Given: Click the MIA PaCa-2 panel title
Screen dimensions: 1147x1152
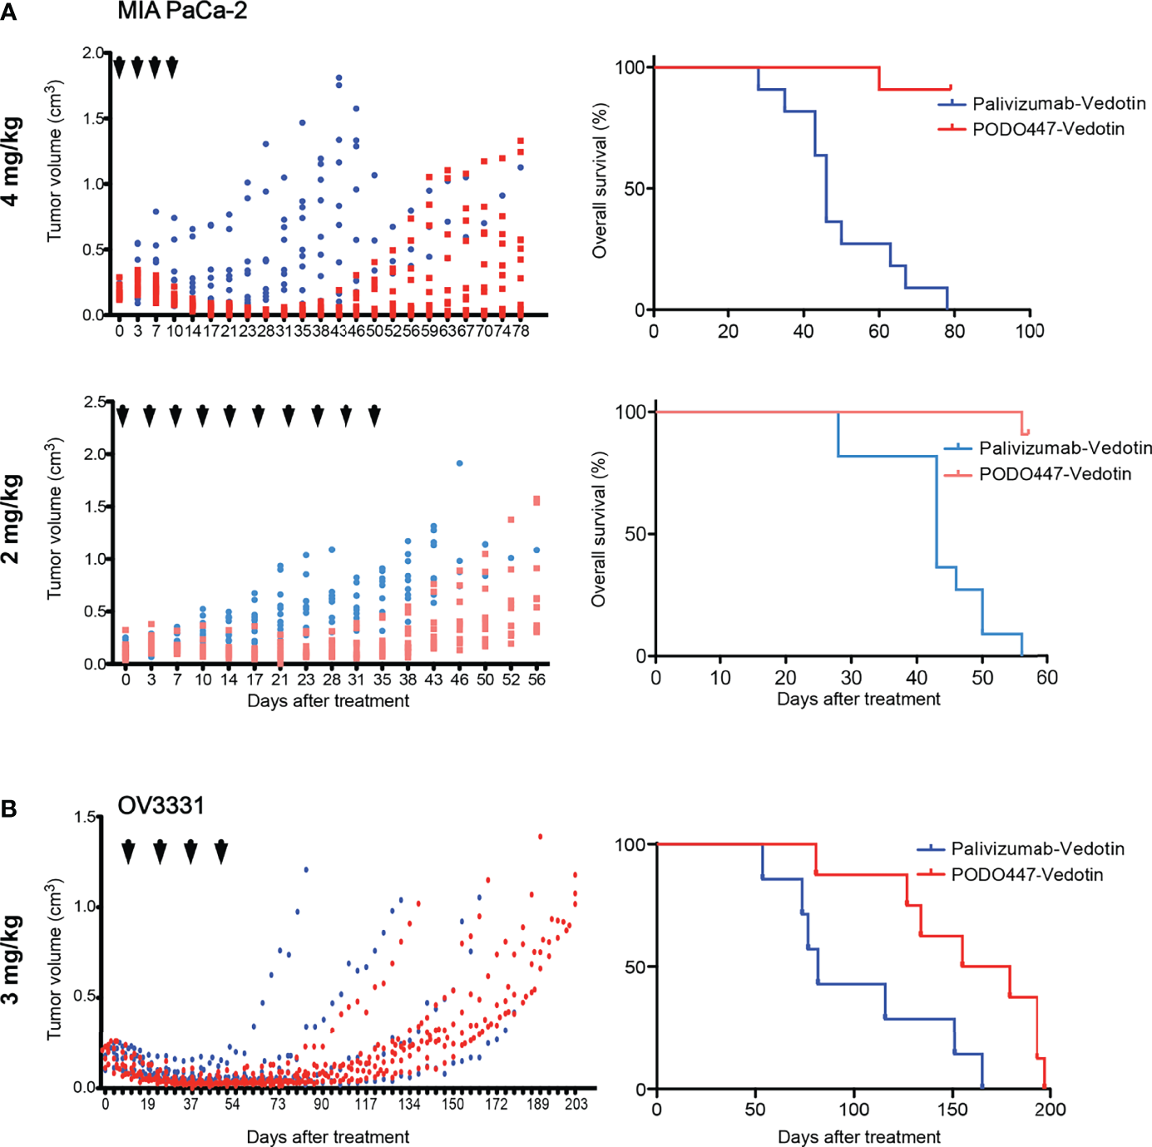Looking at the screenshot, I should [x=182, y=11].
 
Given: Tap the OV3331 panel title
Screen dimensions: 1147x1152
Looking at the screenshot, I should [x=161, y=805].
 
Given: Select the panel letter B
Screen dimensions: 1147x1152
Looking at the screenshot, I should [x=9, y=808].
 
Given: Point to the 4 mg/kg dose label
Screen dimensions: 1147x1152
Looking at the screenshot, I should [x=12, y=162].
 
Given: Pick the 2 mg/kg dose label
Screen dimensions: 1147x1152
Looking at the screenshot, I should [x=12, y=519].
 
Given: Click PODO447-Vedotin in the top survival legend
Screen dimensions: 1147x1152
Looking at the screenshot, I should [x=1048, y=129].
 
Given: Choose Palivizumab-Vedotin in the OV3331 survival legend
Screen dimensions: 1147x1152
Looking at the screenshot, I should [x=1037, y=848].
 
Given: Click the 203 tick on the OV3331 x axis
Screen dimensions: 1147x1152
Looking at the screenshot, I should [x=576, y=1105].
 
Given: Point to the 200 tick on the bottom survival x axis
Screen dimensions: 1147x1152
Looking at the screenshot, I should [x=1051, y=1110].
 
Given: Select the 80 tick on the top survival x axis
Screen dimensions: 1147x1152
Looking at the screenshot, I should [x=954, y=331].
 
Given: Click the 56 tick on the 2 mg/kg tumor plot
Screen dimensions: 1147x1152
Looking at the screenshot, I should [x=536, y=680].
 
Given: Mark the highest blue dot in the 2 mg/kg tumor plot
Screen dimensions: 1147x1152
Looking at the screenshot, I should [x=459, y=463].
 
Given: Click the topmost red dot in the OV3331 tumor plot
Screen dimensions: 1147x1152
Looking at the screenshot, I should [x=541, y=837].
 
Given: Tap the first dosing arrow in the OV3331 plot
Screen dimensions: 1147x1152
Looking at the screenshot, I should [x=128, y=852].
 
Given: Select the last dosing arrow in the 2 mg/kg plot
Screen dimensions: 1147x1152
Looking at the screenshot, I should [x=374, y=415].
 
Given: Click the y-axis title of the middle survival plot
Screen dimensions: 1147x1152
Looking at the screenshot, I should [x=599, y=529].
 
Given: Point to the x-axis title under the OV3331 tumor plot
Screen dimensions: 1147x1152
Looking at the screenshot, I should [x=328, y=1136].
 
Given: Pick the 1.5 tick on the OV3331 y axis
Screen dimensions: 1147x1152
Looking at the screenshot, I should [x=86, y=817].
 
